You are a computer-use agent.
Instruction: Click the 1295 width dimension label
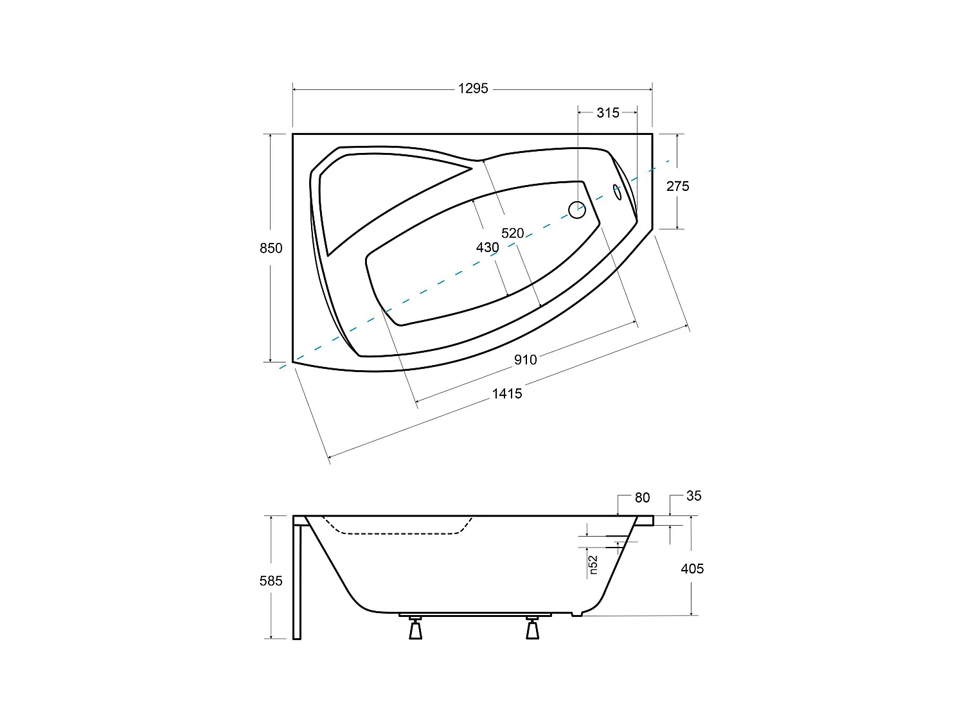pyautogui.click(x=473, y=89)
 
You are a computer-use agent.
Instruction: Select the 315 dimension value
pyautogui.click(x=607, y=113)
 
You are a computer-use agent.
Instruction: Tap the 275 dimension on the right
pyautogui.click(x=677, y=186)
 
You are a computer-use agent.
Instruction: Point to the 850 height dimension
pyautogui.click(x=271, y=248)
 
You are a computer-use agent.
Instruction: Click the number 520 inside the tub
pyautogui.click(x=512, y=233)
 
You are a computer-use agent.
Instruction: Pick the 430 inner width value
pyautogui.click(x=487, y=247)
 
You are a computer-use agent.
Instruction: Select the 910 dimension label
pyautogui.click(x=525, y=360)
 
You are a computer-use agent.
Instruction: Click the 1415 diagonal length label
pyautogui.click(x=507, y=394)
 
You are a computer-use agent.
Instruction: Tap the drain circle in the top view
pyautogui.click(x=577, y=210)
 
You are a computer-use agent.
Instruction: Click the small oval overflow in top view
pyautogui.click(x=618, y=192)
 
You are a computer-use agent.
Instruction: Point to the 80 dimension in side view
pyautogui.click(x=642, y=497)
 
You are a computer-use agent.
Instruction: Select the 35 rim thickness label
pyautogui.click(x=693, y=495)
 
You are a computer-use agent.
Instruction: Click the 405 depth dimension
pyautogui.click(x=692, y=569)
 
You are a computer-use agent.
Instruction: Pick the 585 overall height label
pyautogui.click(x=271, y=581)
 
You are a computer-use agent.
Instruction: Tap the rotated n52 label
pyautogui.click(x=593, y=564)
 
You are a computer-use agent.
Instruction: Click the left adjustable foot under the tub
pyautogui.click(x=416, y=629)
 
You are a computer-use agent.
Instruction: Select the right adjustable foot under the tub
pyautogui.click(x=532, y=629)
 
